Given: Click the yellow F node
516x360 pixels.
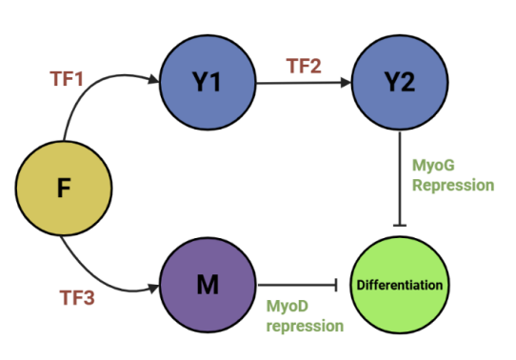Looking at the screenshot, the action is coord(64,189).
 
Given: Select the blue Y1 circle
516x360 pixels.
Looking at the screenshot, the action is coord(208,82).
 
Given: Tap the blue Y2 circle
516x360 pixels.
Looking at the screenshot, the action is coord(400,82).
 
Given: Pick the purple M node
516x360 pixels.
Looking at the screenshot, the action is coord(208,285).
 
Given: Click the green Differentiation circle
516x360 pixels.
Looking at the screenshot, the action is coord(400,285).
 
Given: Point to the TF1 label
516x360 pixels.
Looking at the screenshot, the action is coord(67,79).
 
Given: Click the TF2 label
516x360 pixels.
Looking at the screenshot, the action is coord(304,66).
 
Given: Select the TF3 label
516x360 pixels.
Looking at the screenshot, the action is coord(77,297).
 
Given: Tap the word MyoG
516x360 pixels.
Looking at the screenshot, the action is coord(433,166).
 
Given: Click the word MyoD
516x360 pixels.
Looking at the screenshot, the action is coord(288,306).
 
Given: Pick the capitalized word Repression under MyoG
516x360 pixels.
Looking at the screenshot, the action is coord(453,186).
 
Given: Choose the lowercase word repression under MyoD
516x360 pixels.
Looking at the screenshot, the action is coord(305,326).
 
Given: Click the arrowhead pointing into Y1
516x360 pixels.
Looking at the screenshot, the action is coord(154,79).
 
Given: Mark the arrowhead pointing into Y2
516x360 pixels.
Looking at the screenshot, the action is coord(346,83).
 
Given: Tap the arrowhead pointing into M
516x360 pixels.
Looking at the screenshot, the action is coord(153,288).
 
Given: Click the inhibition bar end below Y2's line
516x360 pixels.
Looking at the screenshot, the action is coord(400,226).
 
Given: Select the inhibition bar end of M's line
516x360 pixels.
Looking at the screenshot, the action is coord(336,285).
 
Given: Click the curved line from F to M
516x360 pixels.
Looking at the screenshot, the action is coord(95,276).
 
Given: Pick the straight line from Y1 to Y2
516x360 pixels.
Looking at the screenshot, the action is coord(304,83).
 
